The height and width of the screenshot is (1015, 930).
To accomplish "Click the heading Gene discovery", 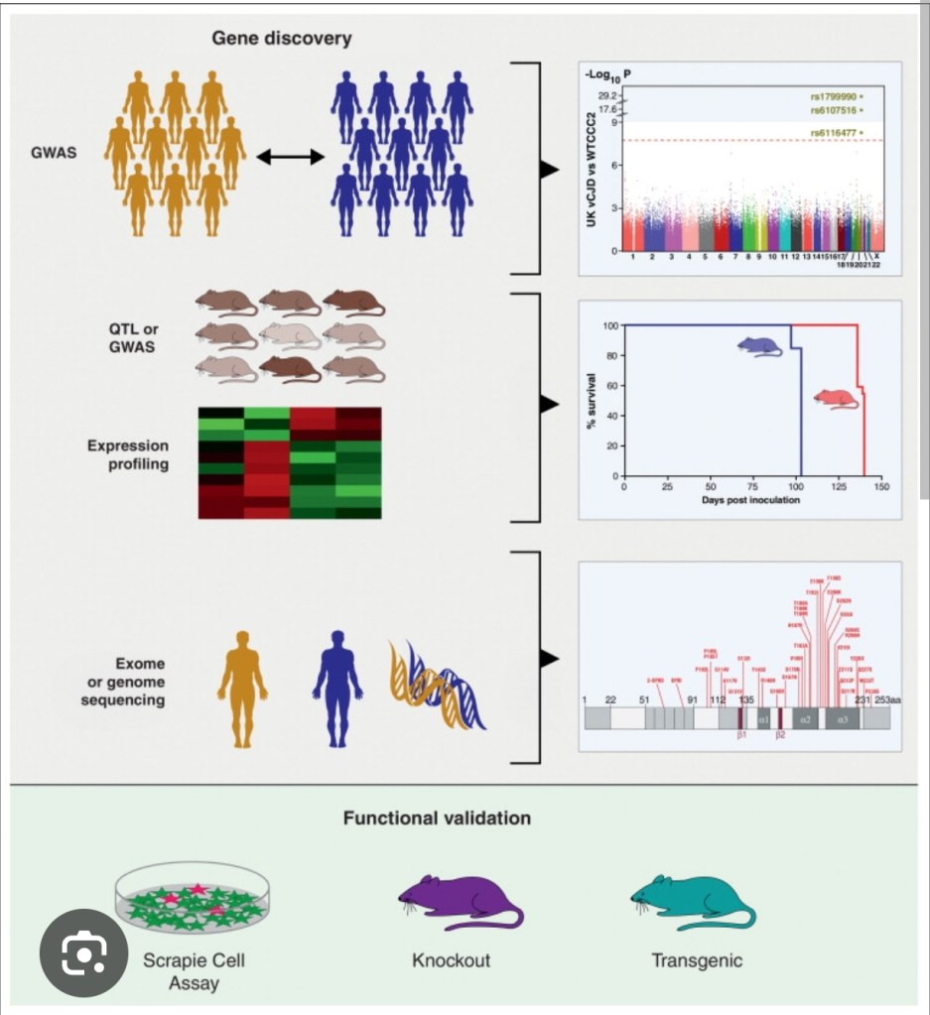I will [281, 39].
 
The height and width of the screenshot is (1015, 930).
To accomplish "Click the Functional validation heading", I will [437, 819].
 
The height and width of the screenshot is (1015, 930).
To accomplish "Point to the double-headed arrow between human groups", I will [291, 157].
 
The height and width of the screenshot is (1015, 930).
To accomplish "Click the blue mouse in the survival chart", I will [759, 346].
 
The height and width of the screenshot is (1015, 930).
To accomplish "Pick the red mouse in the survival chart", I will [836, 398].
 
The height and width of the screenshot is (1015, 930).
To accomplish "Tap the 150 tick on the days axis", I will [881, 488].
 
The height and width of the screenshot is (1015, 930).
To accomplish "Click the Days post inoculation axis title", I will [751, 500].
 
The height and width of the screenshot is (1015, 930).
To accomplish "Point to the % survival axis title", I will [594, 401].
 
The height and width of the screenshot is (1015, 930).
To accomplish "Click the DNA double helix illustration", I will [434, 685].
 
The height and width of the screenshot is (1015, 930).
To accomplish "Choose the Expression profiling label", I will [127, 454].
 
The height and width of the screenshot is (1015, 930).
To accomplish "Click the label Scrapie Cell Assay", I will [194, 971].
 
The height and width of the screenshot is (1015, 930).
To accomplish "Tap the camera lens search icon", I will [84, 953].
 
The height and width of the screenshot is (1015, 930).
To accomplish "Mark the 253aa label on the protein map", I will [887, 699].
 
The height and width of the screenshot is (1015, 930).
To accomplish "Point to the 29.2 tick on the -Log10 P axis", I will [608, 95].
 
